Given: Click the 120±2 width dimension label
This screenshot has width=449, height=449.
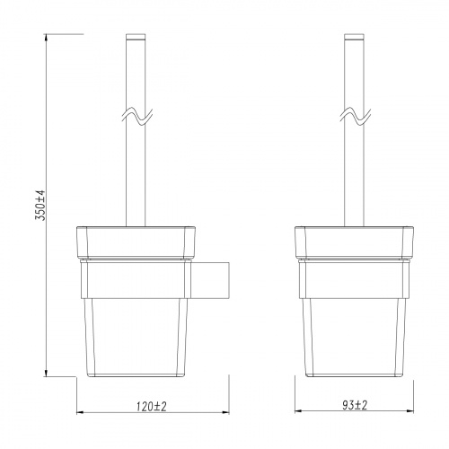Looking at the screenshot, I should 154,406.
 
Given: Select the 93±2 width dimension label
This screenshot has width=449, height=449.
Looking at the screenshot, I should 355,406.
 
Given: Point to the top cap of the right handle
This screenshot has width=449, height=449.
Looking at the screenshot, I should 355,37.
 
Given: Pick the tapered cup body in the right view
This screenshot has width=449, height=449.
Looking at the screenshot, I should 355,332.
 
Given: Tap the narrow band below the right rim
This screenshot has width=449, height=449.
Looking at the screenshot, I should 355,261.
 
